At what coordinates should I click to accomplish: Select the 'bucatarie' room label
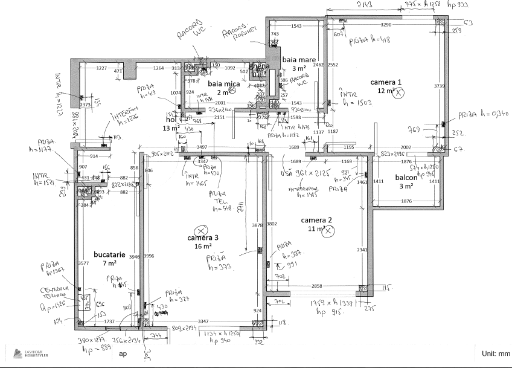[109, 255]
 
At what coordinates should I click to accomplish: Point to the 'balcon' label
[406, 178]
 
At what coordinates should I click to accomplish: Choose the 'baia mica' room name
[224, 83]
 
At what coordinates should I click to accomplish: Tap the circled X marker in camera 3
[201, 230]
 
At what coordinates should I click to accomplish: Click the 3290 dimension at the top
[386, 25]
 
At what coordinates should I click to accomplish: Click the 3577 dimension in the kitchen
[84, 263]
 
